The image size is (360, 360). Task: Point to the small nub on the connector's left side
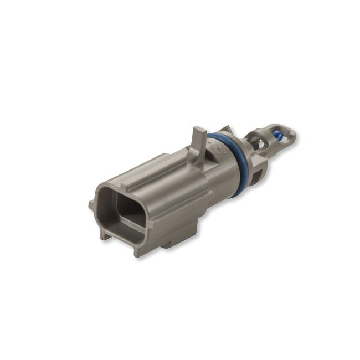tap(91, 205)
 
